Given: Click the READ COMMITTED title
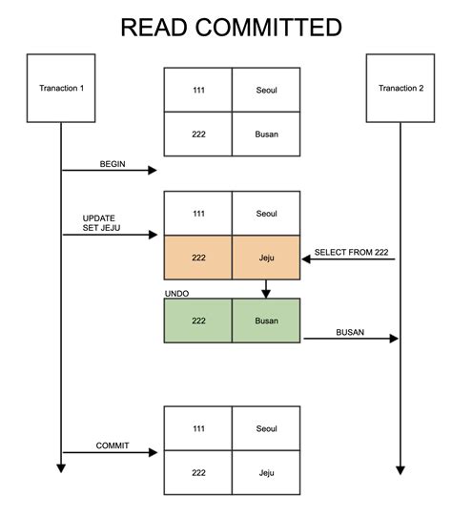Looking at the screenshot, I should point(231,27).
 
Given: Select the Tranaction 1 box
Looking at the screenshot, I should point(61,89).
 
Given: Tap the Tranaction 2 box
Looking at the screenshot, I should point(401,89).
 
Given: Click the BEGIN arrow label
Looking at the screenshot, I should point(113,164).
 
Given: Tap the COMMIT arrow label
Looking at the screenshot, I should point(113,445).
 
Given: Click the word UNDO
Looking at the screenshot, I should point(176,292).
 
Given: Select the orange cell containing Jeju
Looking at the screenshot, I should point(266,258).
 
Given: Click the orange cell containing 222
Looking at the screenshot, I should point(198,258).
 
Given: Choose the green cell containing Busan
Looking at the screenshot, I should point(266,321).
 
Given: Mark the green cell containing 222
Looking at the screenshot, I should point(198,321).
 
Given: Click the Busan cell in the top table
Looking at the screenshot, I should point(266,134).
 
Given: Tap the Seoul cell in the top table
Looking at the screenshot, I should point(266,90).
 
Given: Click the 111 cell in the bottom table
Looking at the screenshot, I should point(198,428).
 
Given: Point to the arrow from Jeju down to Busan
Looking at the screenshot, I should point(266,289).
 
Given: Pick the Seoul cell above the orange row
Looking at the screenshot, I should point(266,214).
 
